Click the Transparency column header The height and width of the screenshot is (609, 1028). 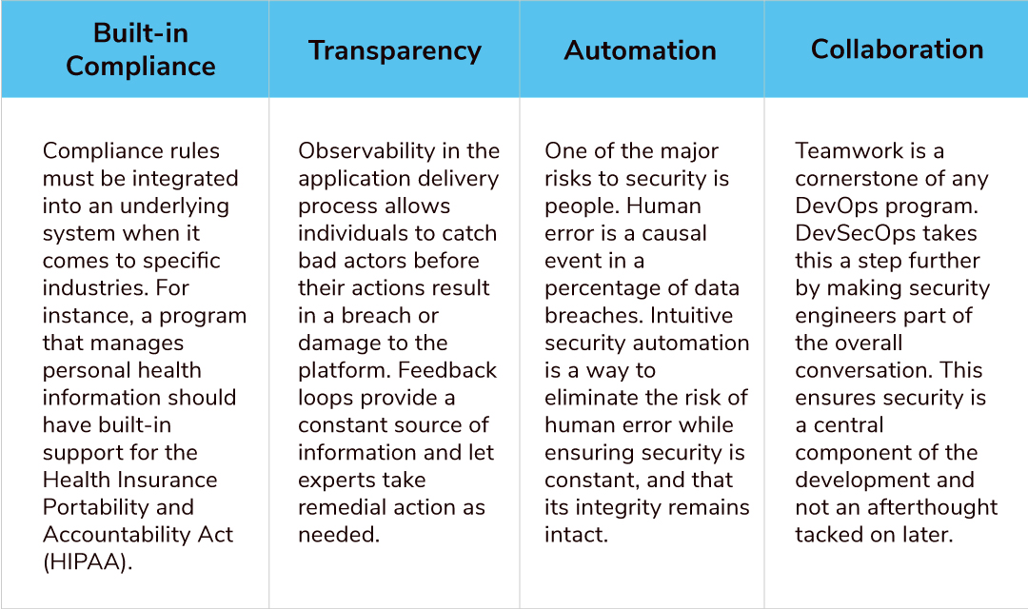click(x=394, y=50)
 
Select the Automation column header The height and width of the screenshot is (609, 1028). click(x=640, y=50)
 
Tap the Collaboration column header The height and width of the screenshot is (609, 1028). click(x=897, y=49)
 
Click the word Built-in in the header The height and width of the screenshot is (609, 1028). click(x=141, y=32)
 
